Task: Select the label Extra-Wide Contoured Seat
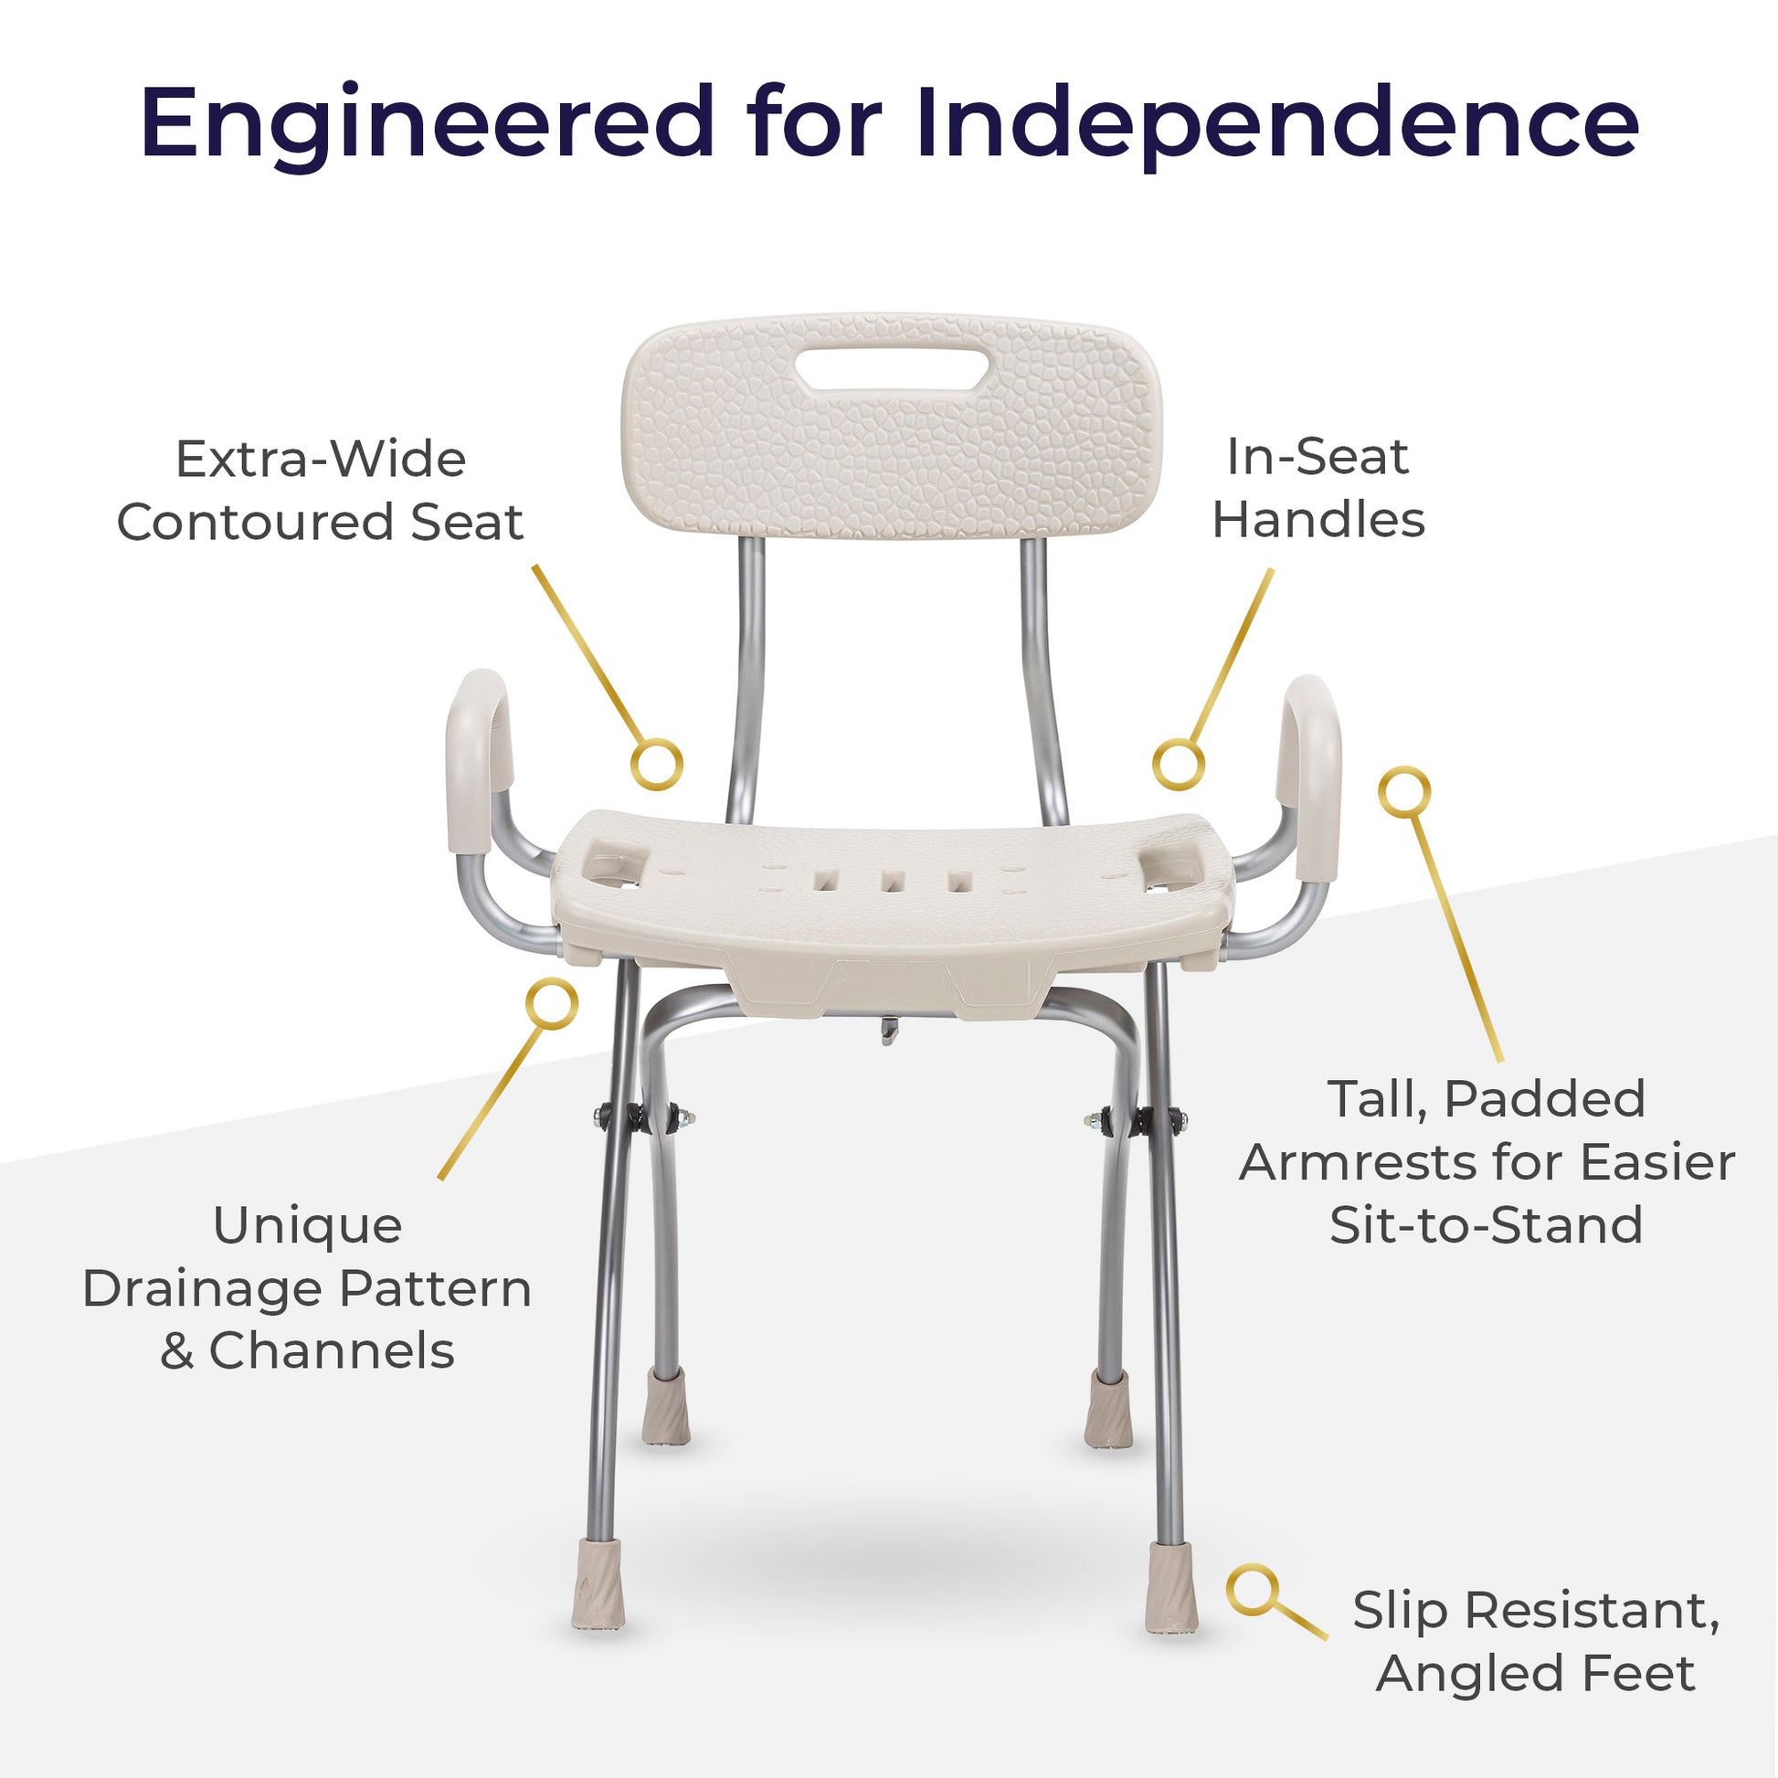[x=321, y=491]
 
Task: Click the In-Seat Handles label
[x=1318, y=488]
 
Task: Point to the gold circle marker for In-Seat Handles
[x=1179, y=763]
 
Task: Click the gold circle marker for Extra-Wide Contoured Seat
[x=656, y=763]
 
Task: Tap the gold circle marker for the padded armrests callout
[x=1404, y=790]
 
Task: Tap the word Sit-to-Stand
[x=1487, y=1225]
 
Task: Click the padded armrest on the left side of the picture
[x=476, y=761]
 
